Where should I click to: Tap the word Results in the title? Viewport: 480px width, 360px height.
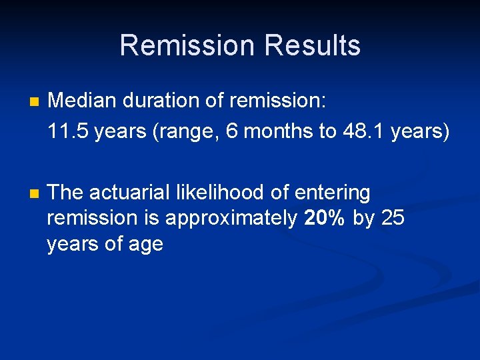click(x=312, y=45)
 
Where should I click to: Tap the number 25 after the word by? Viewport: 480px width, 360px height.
click(x=393, y=217)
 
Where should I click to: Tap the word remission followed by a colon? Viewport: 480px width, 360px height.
click(x=277, y=101)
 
